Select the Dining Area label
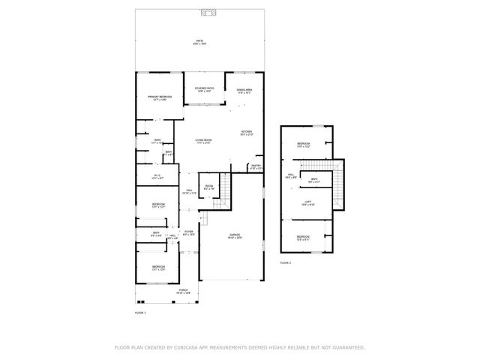click(244, 90)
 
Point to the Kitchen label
click(246, 133)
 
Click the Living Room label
click(204, 141)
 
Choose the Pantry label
click(256, 166)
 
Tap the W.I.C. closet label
click(157, 177)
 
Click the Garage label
click(235, 236)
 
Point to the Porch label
click(183, 290)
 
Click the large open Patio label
click(199, 42)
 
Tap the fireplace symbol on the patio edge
click(209, 13)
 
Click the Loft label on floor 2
click(307, 202)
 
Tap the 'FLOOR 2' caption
click(285, 262)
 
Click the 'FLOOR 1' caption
click(139, 311)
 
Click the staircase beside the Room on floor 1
click(220, 198)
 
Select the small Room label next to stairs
click(209, 187)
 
